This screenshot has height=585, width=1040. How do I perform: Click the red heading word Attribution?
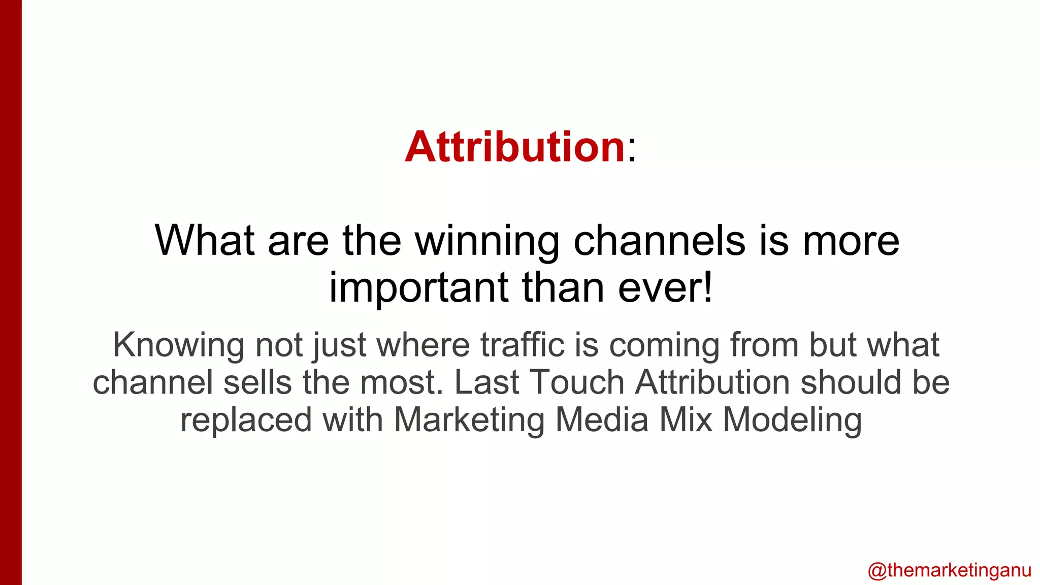pyautogui.click(x=514, y=147)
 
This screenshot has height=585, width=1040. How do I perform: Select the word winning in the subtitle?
pyautogui.click(x=487, y=241)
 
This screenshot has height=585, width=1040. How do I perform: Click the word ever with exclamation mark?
pyautogui.click(x=665, y=288)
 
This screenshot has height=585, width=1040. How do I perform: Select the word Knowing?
pyautogui.click(x=178, y=345)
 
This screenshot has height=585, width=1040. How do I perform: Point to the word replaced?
pyautogui.click(x=246, y=420)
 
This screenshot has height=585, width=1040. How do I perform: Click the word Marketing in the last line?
pyautogui.click(x=469, y=420)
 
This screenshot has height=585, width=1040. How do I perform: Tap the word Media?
pyautogui.click(x=602, y=420)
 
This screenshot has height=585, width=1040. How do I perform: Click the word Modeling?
pyautogui.click(x=792, y=420)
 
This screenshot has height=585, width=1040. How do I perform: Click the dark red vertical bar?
pyautogui.click(x=11, y=292)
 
